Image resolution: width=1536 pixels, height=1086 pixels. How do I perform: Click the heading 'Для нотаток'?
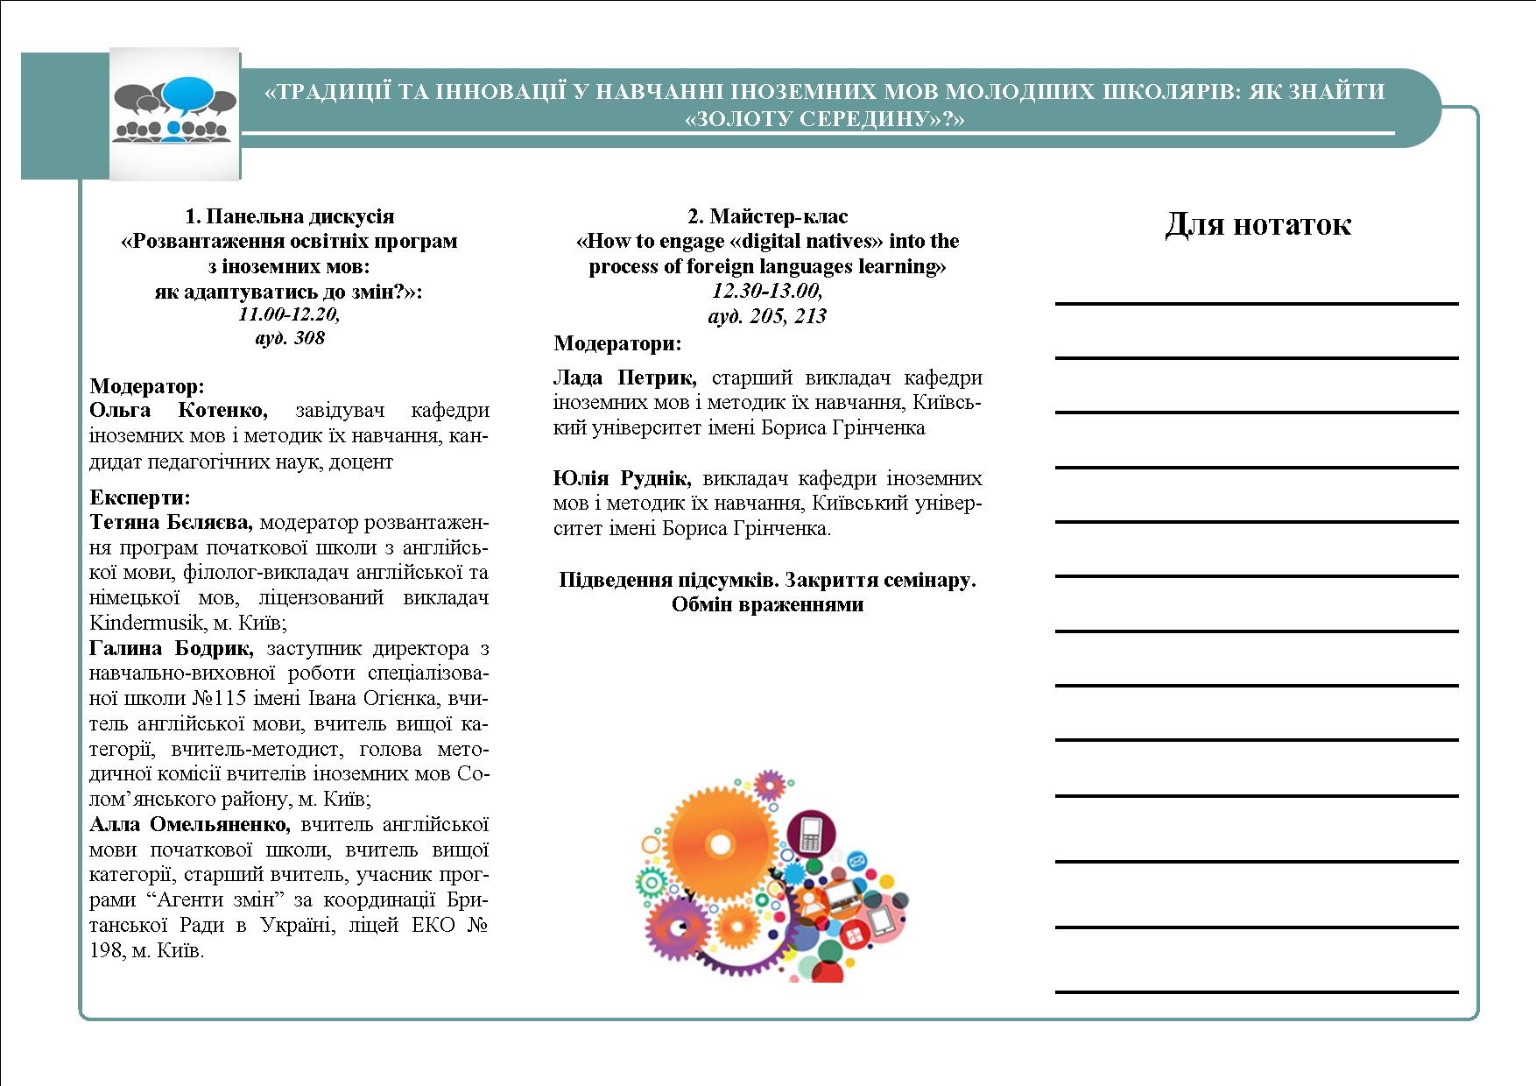point(1258,224)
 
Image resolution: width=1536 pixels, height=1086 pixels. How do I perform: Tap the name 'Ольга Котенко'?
point(178,411)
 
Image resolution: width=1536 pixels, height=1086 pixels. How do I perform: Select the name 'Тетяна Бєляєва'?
point(171,523)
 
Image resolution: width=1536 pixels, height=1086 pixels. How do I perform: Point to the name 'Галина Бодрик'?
point(171,649)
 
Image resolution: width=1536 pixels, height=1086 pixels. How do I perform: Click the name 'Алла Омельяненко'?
point(189,825)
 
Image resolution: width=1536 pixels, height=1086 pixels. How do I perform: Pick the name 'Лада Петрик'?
point(624,378)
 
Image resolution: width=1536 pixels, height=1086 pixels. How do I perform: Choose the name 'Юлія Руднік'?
point(622,479)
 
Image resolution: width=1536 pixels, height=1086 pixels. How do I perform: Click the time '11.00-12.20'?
point(289,314)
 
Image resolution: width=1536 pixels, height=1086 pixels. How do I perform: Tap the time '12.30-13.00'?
point(767,291)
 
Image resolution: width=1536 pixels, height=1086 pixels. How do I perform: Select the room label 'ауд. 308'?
point(289,338)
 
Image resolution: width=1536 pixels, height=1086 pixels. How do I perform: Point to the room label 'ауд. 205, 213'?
point(767,316)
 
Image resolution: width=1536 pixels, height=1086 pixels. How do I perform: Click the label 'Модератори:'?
point(617,343)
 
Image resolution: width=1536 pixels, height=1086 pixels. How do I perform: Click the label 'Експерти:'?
point(140,498)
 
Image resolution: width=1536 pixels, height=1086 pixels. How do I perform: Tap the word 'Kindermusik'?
point(143,624)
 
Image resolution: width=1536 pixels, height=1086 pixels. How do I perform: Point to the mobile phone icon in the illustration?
point(809,834)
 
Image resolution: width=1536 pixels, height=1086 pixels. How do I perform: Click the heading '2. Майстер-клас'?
point(767,216)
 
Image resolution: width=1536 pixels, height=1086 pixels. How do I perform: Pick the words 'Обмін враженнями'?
point(767,605)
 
